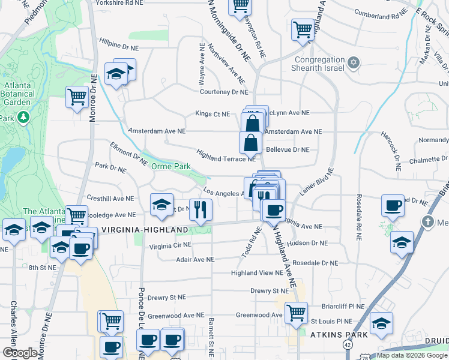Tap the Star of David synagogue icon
354,62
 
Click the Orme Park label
170,166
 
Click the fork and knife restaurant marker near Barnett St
200,209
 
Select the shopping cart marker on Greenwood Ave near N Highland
296,312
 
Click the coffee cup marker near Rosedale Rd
393,206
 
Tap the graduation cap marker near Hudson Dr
402,242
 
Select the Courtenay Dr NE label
223,92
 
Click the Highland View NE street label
257,273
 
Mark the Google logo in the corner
20,353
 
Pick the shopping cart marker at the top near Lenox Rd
240,6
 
